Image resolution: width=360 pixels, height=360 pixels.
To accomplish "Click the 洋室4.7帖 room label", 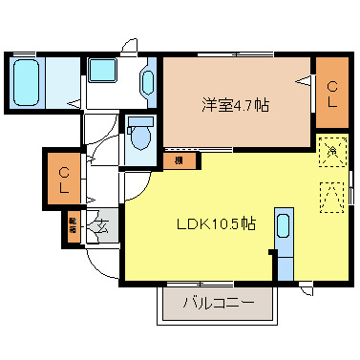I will [235, 105].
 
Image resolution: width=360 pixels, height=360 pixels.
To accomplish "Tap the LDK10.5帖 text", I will [214, 224].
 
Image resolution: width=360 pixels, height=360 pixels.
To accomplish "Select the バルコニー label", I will [218, 305].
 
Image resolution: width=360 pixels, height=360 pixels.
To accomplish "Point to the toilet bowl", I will [141, 137].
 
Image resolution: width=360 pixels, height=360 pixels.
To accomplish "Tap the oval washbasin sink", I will [147, 83].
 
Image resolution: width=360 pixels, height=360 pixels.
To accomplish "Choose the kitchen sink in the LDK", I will [283, 228].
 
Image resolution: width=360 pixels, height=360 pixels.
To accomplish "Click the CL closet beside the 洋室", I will [332, 94].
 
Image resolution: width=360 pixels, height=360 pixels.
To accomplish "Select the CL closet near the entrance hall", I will [63, 179].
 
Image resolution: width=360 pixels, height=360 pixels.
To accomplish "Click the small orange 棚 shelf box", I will [180, 161].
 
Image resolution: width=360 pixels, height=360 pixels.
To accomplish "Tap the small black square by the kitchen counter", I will [272, 254].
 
